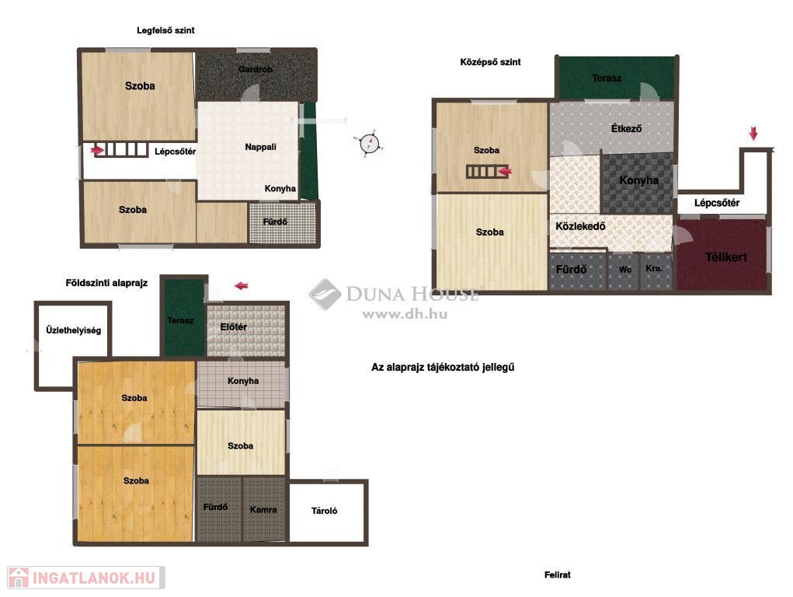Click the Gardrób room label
click(256, 69)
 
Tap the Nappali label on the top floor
click(260, 147)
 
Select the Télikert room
click(722, 255)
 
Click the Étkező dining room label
click(626, 128)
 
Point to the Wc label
click(625, 270)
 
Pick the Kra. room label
click(654, 268)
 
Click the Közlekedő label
click(580, 226)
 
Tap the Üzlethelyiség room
click(73, 344)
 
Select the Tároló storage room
click(328, 511)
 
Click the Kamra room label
click(263, 509)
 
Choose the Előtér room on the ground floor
click(246, 330)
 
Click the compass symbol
click(369, 144)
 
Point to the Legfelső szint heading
click(165, 30)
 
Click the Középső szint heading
click(490, 62)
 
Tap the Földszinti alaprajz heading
click(106, 283)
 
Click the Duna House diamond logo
click(325, 294)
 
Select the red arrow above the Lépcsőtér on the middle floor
click(753, 134)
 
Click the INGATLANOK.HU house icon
click(18, 578)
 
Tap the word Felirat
click(558, 574)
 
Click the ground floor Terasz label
click(180, 320)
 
